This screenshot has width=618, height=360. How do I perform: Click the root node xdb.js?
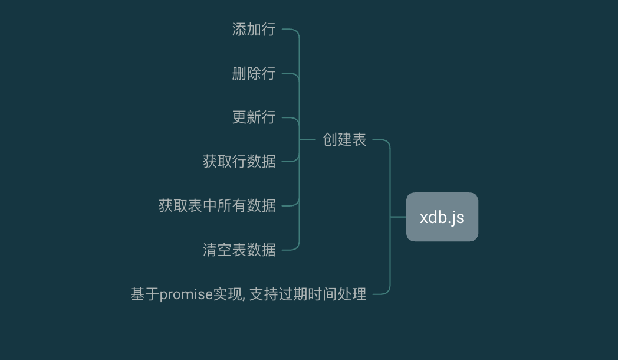442,217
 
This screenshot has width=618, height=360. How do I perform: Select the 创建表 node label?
344,140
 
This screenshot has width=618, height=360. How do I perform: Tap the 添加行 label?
254,29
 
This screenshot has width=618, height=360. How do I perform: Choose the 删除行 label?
254,73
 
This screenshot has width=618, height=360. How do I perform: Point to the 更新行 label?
254,117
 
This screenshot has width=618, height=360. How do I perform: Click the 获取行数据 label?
239,162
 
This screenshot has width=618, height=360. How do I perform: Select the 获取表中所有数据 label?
217,206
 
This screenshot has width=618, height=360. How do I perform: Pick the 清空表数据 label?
239,250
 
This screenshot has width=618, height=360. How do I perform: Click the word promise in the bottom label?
186,294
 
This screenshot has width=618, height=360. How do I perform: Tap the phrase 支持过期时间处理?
308,294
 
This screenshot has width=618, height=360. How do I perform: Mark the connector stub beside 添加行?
291,31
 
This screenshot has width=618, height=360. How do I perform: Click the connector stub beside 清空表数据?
291,248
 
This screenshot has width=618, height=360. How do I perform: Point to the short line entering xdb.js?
398,217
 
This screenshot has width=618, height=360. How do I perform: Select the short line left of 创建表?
307,140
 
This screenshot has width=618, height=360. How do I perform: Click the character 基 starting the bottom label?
137,294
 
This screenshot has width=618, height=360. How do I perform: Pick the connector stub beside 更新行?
291,120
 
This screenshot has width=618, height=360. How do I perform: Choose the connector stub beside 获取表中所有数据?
291,204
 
